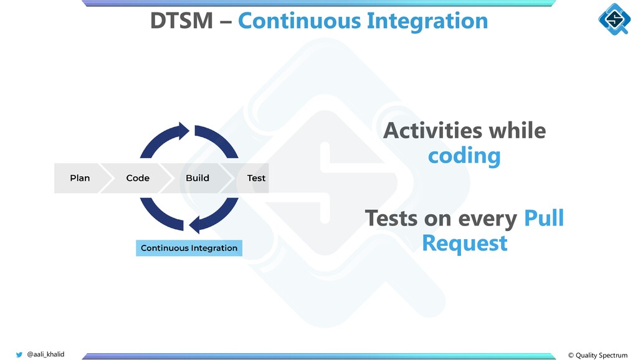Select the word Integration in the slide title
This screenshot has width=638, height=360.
[427, 21]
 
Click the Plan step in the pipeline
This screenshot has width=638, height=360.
[80, 178]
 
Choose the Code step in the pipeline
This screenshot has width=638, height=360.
[138, 178]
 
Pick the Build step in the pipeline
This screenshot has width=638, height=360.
[198, 178]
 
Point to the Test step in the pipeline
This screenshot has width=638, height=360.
[256, 178]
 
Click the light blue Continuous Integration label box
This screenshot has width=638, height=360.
[189, 248]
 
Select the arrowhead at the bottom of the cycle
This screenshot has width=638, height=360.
[197, 224]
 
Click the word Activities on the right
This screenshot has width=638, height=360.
[432, 131]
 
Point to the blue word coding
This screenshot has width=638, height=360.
[464, 156]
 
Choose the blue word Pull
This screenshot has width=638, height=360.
[543, 219]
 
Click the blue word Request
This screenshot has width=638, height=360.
[464, 242]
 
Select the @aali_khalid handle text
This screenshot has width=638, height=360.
[45, 354]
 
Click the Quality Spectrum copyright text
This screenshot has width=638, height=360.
[598, 355]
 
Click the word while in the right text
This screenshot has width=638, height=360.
[517, 131]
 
